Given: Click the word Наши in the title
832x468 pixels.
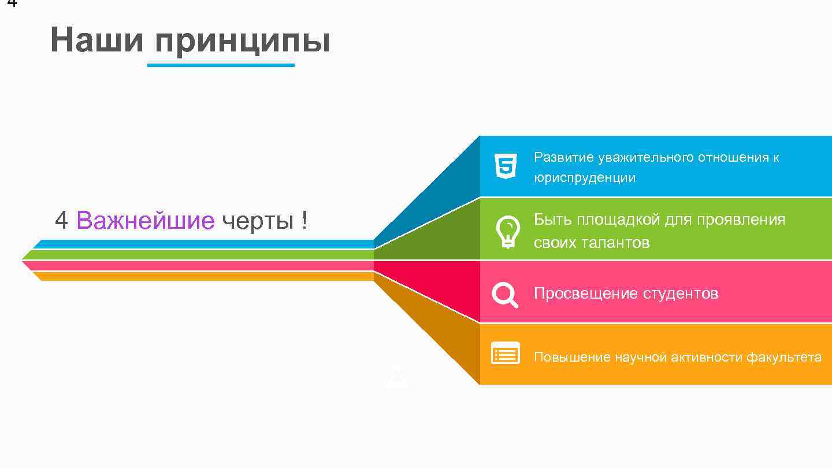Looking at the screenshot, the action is [x=96, y=40].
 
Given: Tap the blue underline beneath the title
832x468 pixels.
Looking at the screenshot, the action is [x=221, y=65].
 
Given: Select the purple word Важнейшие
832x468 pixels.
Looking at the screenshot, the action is [x=145, y=220].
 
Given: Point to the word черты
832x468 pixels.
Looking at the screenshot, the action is [x=257, y=221].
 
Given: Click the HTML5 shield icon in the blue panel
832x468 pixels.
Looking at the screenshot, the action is [x=506, y=166].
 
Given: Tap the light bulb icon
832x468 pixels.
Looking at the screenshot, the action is [x=507, y=232].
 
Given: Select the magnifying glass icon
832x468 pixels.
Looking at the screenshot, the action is [x=504, y=294].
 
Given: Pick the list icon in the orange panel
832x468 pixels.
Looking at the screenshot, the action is [x=505, y=353].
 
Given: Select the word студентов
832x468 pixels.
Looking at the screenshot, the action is [x=679, y=294].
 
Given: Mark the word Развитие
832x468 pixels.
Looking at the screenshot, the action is [x=563, y=157].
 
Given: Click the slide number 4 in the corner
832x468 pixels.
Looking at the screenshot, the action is [x=12, y=3].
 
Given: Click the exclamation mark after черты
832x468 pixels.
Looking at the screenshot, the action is [x=304, y=221].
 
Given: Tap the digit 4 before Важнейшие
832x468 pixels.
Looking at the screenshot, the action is [x=61, y=220].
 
